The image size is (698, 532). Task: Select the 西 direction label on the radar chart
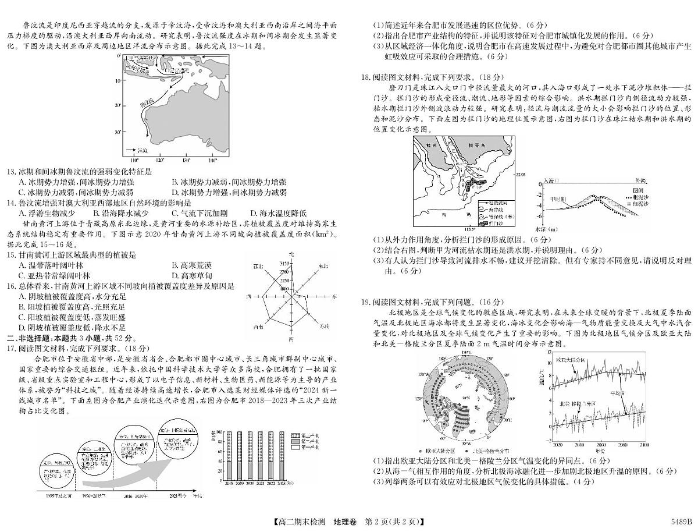pos(249,297)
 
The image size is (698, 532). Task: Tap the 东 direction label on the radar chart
pos(335,296)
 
